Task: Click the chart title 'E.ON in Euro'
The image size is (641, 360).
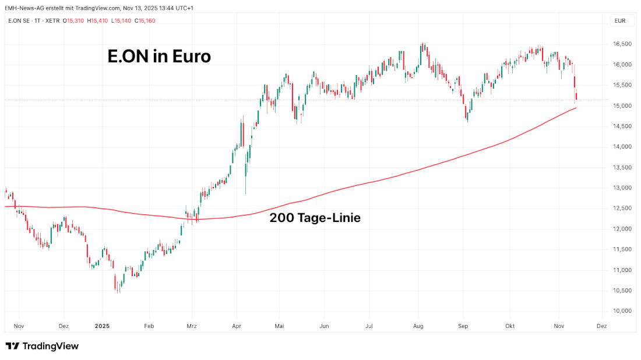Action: [x=159, y=57]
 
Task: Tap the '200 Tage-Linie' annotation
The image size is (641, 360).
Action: [x=315, y=218]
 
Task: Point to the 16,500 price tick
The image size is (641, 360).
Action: [x=623, y=44]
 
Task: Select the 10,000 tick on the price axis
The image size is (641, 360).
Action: [x=623, y=311]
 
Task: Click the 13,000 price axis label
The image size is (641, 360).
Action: [x=623, y=188]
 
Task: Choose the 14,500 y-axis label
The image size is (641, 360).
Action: [x=623, y=126]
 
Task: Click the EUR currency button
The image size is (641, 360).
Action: [x=620, y=21]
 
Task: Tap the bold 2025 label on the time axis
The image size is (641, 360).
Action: [x=102, y=326]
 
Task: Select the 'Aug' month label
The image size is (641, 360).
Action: [x=418, y=326]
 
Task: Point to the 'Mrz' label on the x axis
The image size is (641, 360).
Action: [x=191, y=326]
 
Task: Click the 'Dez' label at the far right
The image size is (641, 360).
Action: [x=602, y=326]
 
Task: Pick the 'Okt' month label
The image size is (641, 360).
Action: [x=510, y=326]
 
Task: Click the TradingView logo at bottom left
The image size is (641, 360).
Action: [x=42, y=346]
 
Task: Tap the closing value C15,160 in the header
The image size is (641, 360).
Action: [x=145, y=21]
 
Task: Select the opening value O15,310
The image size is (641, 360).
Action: [x=75, y=21]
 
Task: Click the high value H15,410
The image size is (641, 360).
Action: [x=98, y=21]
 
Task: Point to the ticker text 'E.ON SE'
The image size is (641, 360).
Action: [x=20, y=21]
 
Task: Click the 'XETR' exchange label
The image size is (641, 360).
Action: [x=53, y=21]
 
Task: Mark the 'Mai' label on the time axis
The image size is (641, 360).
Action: [x=280, y=326]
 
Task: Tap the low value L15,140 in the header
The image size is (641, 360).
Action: [x=121, y=21]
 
